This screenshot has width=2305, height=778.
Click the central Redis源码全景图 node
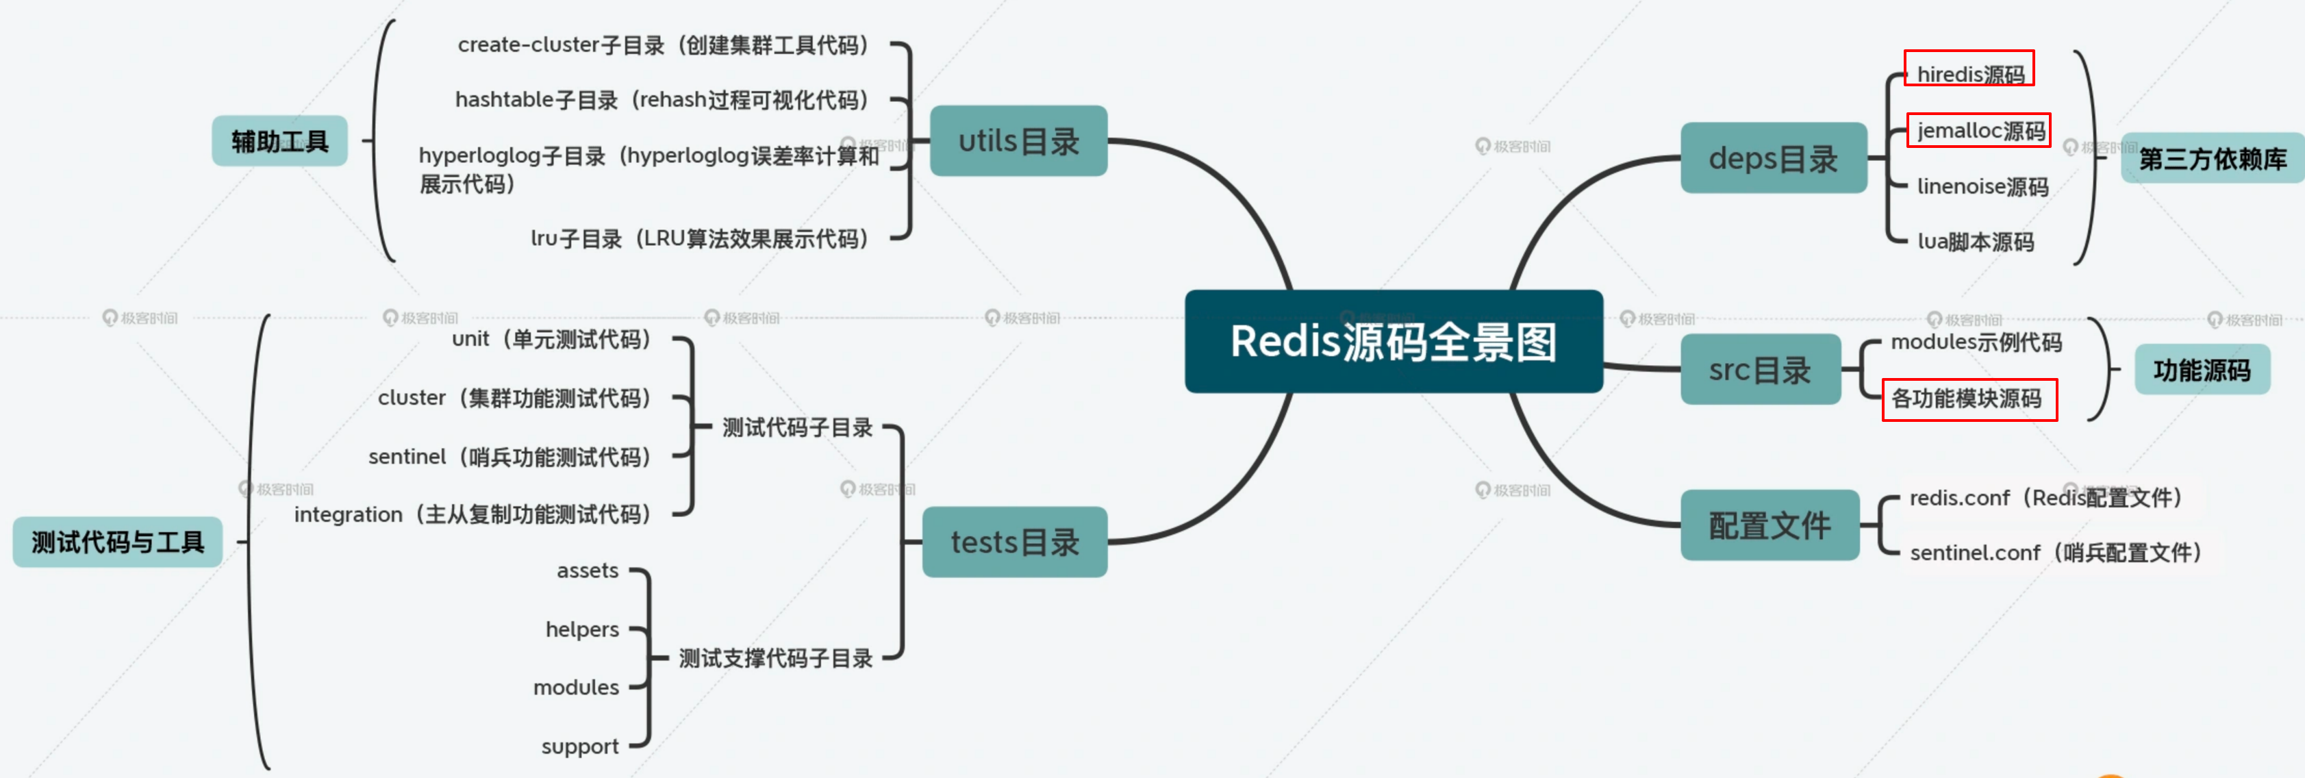[x=1393, y=341]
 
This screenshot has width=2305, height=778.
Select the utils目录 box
[x=1018, y=140]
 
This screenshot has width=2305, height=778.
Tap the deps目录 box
[x=1773, y=158]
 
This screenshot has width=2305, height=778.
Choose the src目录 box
[x=1759, y=370]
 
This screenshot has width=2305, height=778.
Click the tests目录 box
[x=1015, y=542]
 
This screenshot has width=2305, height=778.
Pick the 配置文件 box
[x=1769, y=525]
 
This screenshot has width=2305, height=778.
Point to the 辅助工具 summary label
[x=279, y=140]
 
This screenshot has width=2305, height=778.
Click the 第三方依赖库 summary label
[x=2212, y=158]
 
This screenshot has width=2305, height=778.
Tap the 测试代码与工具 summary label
[x=117, y=542]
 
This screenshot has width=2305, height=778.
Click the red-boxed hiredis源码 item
[x=1969, y=73]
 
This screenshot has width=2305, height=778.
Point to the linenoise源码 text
[x=1982, y=186]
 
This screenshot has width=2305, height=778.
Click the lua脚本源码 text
[x=1975, y=242]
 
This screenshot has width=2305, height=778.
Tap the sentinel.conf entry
[x=2054, y=553]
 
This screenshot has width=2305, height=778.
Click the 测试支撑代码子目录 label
[x=775, y=658]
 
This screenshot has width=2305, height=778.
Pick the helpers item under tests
[x=581, y=629]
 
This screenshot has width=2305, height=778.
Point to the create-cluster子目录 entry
[x=662, y=45]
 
